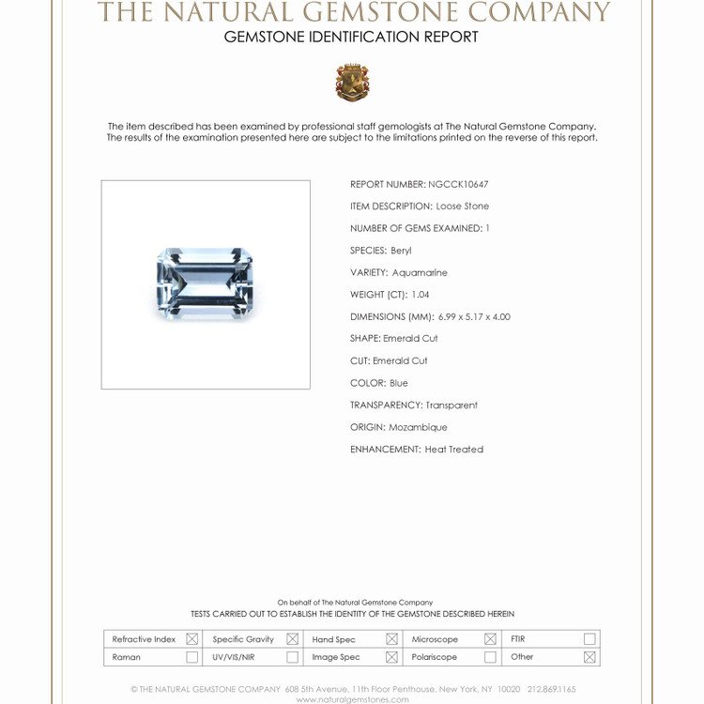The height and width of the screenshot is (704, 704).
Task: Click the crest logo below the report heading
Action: pos(352,83)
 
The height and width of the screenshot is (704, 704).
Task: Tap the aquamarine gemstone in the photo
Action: pos(205,283)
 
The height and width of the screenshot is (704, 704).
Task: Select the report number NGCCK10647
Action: pos(458,185)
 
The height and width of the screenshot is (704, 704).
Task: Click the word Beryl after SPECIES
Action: pos(401,251)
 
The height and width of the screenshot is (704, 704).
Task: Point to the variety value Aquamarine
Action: pos(420,273)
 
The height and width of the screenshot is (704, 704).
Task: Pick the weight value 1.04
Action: pos(420,295)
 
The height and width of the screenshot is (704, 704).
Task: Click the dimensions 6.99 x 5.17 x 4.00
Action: pos(474,317)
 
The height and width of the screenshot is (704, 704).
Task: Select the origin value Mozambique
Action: pos(418,427)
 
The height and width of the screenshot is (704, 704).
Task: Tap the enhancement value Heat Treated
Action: pos(453,450)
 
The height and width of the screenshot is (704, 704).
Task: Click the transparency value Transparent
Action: pos(451,406)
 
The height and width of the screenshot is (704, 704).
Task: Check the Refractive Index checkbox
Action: pos(191,639)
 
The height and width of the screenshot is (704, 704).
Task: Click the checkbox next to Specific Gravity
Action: pos(292,639)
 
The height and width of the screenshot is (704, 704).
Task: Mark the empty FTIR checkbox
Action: pos(589,639)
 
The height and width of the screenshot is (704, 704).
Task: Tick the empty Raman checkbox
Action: pos(191,657)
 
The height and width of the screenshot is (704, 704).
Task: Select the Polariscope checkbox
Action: pos(490,657)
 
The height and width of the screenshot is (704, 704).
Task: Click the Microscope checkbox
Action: pos(490,639)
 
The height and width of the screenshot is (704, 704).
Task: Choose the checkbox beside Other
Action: pos(589,657)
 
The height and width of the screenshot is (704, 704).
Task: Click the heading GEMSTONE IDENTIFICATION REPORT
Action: pos(351,38)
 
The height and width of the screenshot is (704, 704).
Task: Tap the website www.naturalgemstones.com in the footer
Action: pos(352,699)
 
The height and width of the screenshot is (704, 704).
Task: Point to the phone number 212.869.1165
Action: pos(551,689)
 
